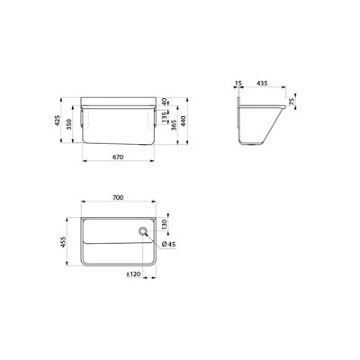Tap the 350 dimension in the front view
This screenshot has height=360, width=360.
point(70,124)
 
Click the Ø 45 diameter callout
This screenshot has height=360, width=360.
point(169,244)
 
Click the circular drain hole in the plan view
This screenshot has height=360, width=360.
point(143,232)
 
